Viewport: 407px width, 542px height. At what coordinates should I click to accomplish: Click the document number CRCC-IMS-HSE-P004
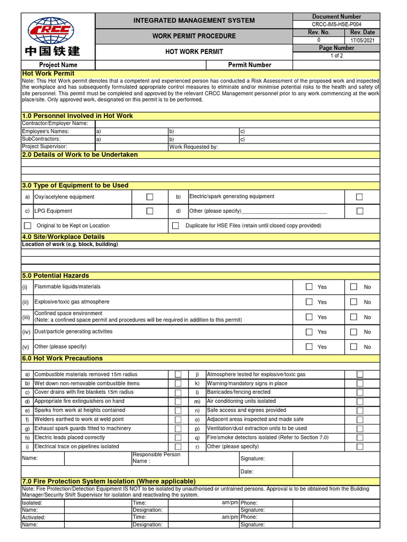point(337,24)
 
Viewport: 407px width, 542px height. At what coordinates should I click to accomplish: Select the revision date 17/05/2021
point(362,40)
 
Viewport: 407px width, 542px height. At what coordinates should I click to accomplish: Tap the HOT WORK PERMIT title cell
point(194,52)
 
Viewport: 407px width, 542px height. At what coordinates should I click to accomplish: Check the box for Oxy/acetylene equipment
point(149,197)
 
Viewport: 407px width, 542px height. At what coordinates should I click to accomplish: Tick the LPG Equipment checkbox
point(149,211)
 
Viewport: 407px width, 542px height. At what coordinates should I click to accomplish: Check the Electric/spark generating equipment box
point(359,197)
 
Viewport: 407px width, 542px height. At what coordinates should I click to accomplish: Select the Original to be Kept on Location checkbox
point(28,225)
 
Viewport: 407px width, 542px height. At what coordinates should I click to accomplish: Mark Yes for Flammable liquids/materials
point(309,287)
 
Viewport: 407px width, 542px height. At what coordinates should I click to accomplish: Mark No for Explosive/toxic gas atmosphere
point(354,302)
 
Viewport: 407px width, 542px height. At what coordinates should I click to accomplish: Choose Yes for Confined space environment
point(309,317)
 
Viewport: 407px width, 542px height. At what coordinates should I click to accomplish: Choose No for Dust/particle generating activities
point(354,332)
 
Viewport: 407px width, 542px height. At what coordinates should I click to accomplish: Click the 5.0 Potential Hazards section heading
point(55,276)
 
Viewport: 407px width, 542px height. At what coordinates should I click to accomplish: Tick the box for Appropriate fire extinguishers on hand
point(178,401)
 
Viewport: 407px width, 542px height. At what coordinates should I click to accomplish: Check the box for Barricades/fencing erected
point(360,392)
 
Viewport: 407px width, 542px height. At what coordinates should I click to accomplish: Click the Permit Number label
point(249,65)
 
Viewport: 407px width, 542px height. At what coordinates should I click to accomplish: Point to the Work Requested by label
point(193,147)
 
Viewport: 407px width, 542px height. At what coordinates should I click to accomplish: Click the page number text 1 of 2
point(337,56)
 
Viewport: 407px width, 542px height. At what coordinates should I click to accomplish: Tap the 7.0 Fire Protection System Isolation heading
point(104,481)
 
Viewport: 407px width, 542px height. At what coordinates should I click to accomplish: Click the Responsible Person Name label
point(156,458)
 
